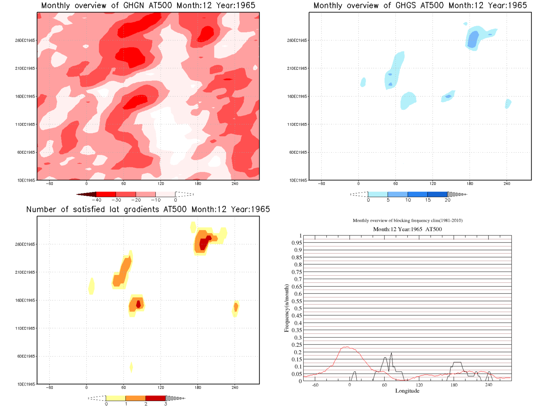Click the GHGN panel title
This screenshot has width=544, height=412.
point(148,6)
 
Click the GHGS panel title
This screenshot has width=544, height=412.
point(420,6)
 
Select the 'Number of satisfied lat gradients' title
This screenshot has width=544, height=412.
point(148,210)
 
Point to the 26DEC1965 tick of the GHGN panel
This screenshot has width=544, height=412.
point(25,40)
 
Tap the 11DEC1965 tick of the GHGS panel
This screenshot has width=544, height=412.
point(297,124)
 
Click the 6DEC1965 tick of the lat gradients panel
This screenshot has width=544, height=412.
point(26,356)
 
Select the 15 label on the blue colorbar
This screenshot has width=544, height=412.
point(428,200)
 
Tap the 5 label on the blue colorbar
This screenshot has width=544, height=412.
point(388,200)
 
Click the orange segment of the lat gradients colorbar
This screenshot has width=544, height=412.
point(136,398)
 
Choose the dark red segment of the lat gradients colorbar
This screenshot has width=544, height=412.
point(155,398)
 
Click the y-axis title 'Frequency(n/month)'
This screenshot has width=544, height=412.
point(286,308)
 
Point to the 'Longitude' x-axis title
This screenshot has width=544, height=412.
point(407,391)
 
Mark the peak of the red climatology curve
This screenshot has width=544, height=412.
point(346,347)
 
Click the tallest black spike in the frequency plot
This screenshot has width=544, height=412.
point(391,353)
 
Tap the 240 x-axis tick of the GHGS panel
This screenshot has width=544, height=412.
point(507,184)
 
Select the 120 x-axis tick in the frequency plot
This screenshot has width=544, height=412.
point(419,385)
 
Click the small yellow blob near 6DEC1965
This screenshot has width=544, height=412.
point(131,367)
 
